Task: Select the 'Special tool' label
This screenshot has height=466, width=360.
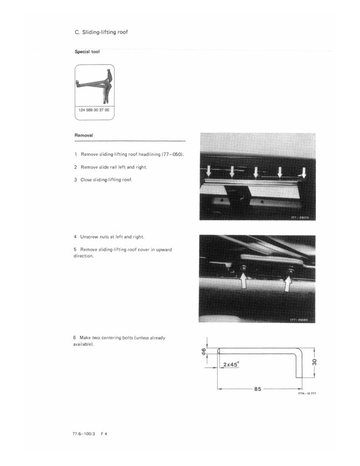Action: (x=87, y=52)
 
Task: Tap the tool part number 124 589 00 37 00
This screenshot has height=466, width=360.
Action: (x=94, y=110)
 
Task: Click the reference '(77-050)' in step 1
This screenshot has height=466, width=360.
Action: (x=174, y=154)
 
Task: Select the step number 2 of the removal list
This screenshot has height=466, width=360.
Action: (x=76, y=167)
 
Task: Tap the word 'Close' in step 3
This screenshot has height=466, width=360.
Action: (x=87, y=179)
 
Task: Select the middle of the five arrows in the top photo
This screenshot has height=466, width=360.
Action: (x=256, y=172)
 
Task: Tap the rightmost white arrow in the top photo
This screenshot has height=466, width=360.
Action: (x=303, y=173)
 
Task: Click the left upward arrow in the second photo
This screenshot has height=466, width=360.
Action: (x=243, y=284)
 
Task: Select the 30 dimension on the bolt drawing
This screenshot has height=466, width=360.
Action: (x=315, y=363)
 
